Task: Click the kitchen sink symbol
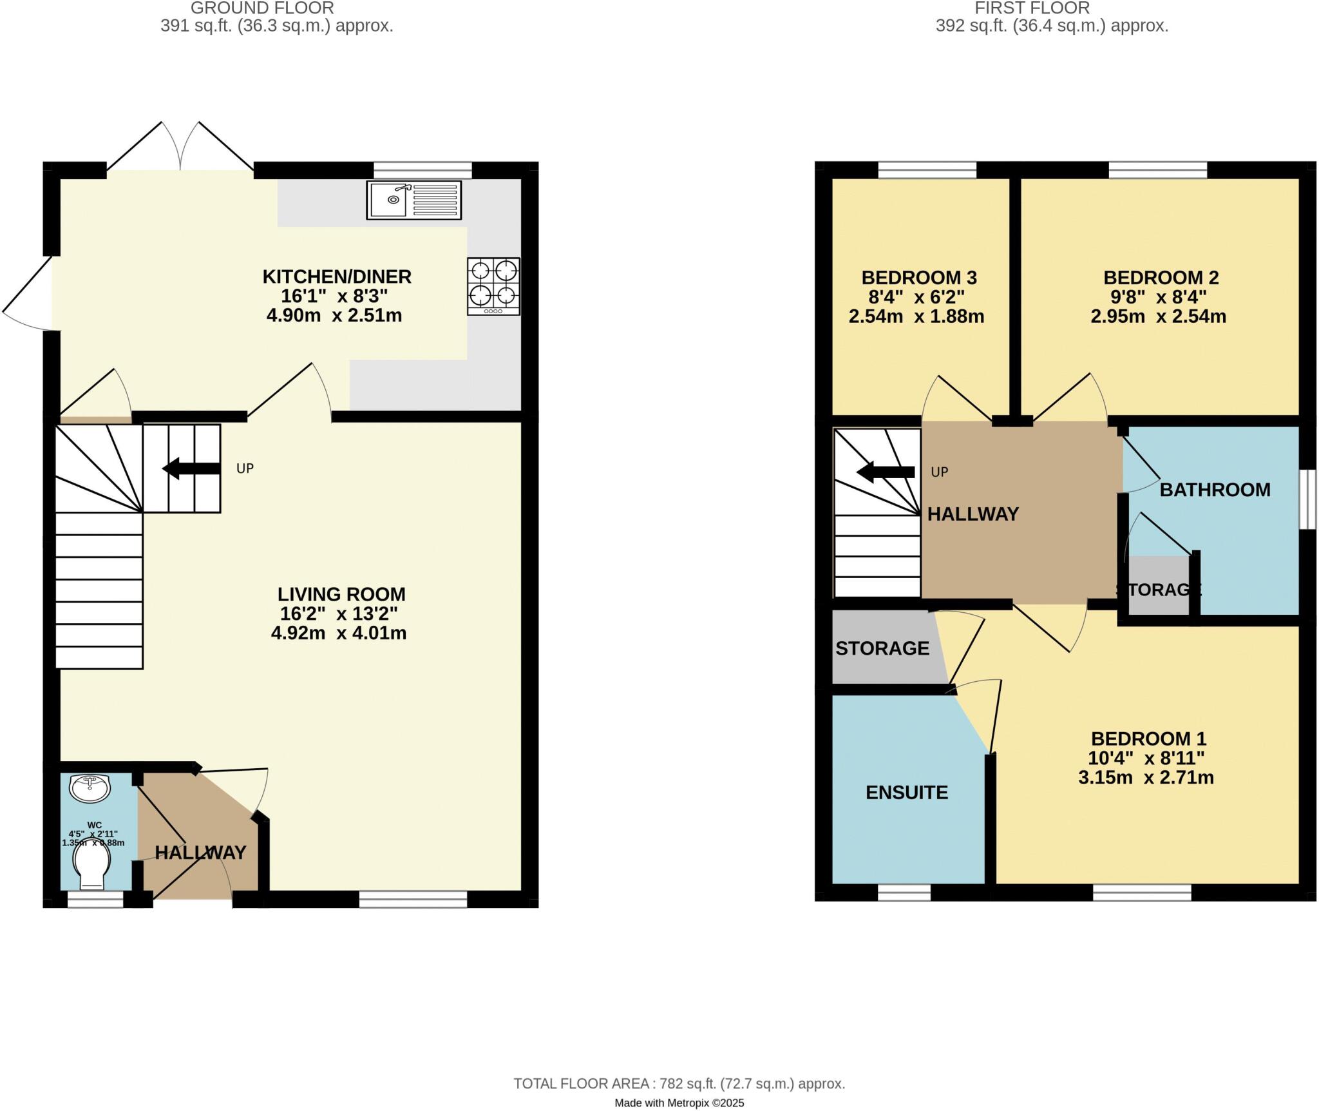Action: click(x=413, y=200)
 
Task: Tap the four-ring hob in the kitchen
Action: click(x=493, y=286)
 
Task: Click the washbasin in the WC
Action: click(x=90, y=788)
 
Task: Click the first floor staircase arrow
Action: click(x=885, y=472)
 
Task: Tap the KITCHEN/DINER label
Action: click(x=337, y=276)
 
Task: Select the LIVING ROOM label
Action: click(x=341, y=594)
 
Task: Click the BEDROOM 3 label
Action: click(x=919, y=278)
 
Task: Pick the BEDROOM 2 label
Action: click(x=1161, y=278)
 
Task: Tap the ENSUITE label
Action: click(x=906, y=792)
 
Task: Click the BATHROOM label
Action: click(x=1215, y=490)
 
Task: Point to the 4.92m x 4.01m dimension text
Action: click(x=339, y=633)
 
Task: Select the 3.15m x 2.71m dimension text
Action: click(x=1146, y=777)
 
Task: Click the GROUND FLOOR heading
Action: click(x=262, y=8)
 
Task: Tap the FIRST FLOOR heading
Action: click(x=1032, y=8)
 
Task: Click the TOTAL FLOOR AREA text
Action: click(x=679, y=1084)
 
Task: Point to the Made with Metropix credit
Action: click(x=679, y=1103)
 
